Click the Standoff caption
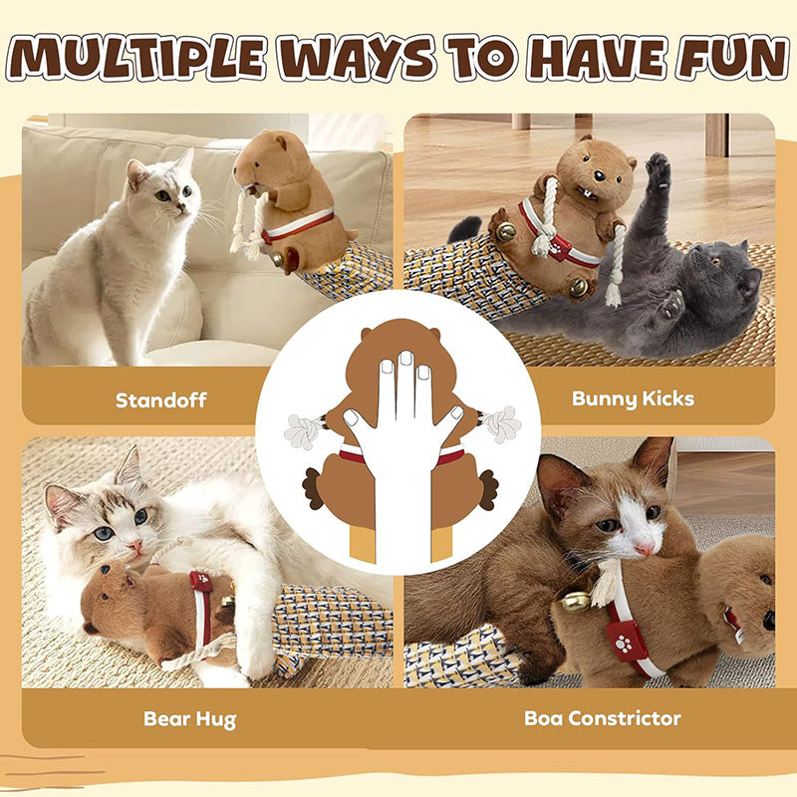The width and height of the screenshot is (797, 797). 160,400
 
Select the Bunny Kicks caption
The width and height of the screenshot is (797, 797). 633,399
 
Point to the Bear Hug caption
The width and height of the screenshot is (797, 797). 190,719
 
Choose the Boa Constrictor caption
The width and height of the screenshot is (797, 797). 603,718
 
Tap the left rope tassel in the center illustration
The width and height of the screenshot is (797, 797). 305,431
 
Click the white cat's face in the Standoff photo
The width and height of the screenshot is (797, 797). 166,190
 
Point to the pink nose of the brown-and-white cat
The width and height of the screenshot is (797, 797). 645,549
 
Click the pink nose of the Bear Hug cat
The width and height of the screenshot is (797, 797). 135,546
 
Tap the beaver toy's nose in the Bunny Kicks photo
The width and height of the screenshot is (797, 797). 601,176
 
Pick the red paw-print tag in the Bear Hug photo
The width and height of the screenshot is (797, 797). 201,582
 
